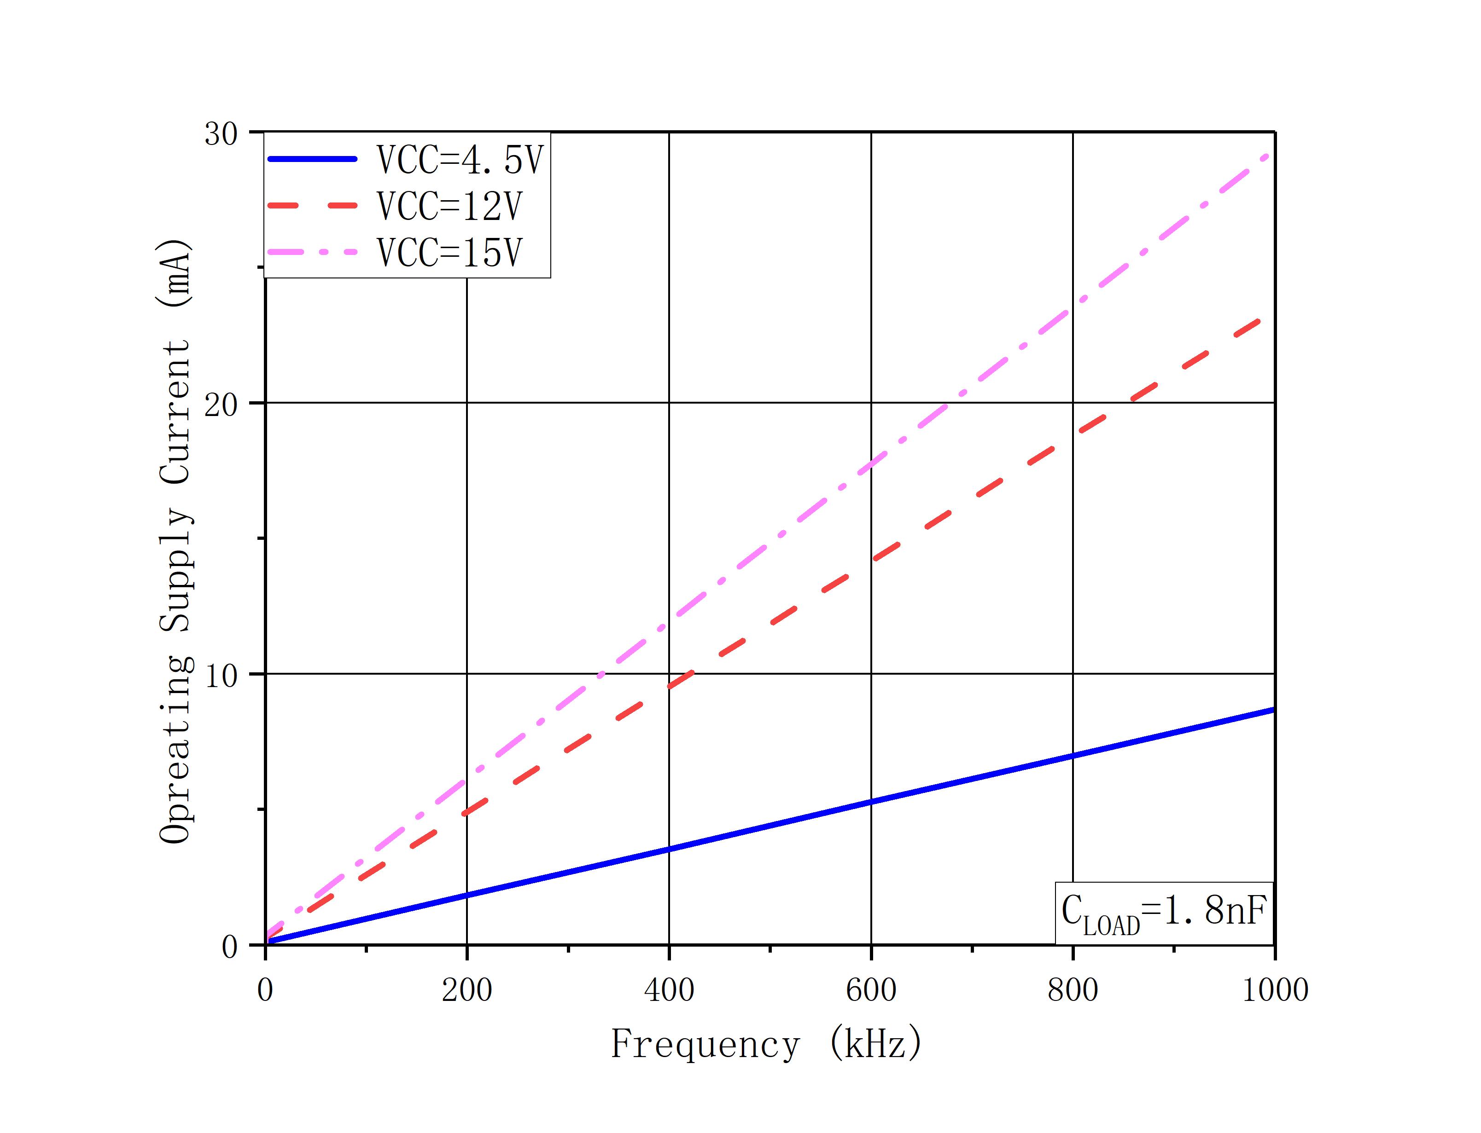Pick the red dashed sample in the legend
(x=312, y=206)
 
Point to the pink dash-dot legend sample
(x=312, y=252)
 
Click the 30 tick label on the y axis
(x=222, y=133)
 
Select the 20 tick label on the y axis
(x=222, y=405)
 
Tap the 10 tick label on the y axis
(x=222, y=676)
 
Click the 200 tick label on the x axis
(x=467, y=990)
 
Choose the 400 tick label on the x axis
(x=669, y=990)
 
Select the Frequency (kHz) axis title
(x=766, y=1045)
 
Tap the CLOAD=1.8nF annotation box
(x=1164, y=913)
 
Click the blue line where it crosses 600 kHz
(x=871, y=802)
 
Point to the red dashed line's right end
(x=1259, y=320)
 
